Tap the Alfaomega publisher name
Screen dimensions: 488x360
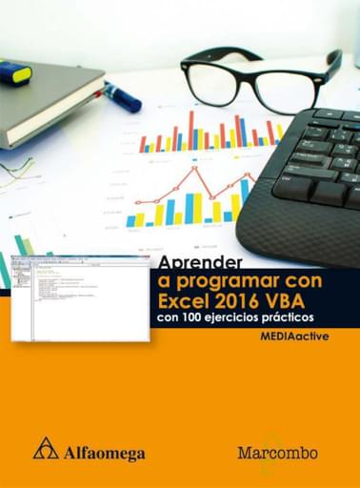(x=104, y=452)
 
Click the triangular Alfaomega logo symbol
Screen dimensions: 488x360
(x=46, y=448)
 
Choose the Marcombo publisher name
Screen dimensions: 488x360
(x=277, y=452)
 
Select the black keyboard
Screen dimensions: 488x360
(x=305, y=181)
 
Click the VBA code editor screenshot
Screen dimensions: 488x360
(x=80, y=298)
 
